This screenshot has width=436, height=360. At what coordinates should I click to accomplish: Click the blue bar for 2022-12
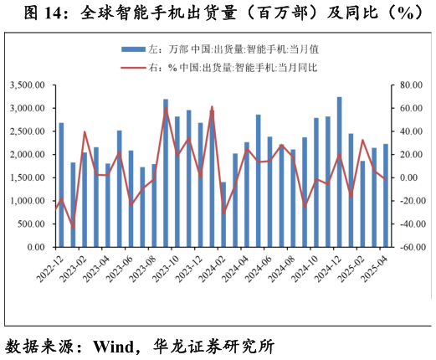(x=61, y=185)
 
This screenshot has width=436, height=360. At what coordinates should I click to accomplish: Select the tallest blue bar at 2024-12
(x=339, y=172)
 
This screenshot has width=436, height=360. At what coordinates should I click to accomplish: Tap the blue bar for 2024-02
(x=223, y=214)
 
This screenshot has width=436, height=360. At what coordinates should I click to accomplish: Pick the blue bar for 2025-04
(x=385, y=196)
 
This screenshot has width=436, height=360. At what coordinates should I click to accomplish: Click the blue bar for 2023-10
(x=177, y=182)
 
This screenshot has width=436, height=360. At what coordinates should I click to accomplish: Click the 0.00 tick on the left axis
(x=37, y=248)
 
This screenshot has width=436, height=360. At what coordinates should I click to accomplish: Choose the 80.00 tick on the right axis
(x=412, y=85)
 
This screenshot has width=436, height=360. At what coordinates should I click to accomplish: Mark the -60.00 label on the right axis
(x=411, y=248)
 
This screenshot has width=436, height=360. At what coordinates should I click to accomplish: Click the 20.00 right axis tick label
(x=412, y=155)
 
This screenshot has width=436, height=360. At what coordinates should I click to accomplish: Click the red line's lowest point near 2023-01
(x=73, y=228)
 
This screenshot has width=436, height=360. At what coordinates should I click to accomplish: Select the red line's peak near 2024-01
(x=212, y=107)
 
